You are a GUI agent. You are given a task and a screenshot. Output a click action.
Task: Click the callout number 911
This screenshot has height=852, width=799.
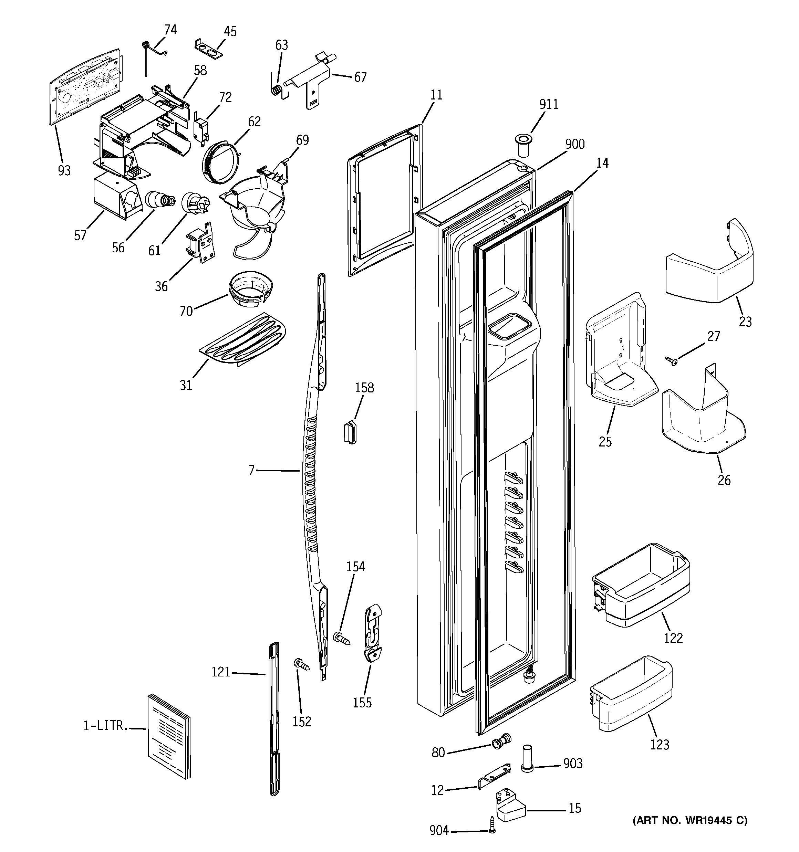pos(549,104)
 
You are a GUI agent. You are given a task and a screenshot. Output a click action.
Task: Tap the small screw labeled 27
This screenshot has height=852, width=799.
pos(671,360)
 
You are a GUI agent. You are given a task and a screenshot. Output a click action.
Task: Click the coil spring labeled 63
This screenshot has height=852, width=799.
pos(278,90)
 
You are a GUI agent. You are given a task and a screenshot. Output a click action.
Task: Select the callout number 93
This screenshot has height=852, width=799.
pos(64,170)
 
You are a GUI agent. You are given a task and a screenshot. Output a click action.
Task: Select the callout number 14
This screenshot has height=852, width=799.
pos(602,163)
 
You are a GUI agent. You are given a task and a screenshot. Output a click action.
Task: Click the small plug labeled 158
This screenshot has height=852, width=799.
pos(350,432)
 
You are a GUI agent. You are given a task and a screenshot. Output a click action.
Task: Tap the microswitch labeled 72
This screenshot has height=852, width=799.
pos(200,128)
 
